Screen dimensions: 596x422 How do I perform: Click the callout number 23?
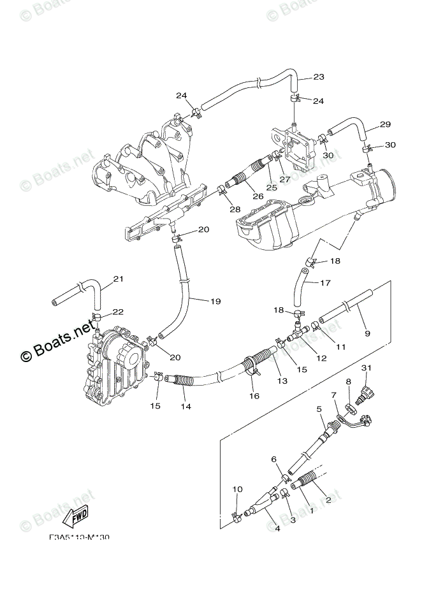click(x=318, y=77)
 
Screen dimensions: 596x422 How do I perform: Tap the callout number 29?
click(x=384, y=124)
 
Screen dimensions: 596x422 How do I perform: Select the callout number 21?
click(x=117, y=279)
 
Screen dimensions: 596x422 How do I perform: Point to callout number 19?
click(x=197, y=302)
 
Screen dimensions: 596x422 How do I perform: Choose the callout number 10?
click(x=238, y=490)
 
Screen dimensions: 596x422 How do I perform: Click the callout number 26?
click(x=258, y=196)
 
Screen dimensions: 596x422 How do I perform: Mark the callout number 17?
click(x=325, y=283)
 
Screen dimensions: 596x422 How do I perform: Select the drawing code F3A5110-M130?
click(x=79, y=537)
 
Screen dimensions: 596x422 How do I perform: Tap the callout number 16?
click(x=254, y=396)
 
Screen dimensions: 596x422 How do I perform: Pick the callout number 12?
click(x=321, y=360)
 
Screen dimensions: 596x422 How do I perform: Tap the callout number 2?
click(x=329, y=500)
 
